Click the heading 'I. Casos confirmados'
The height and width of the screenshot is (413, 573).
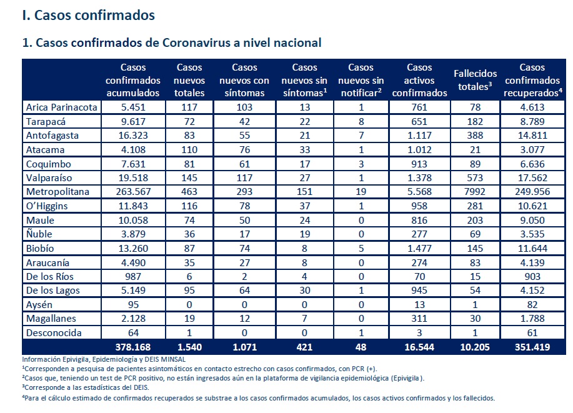(89, 16)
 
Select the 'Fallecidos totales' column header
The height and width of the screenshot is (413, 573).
(475, 80)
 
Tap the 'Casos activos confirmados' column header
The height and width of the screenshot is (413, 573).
(419, 80)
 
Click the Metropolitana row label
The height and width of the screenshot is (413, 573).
(57, 192)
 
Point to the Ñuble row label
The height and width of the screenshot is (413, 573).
(39, 234)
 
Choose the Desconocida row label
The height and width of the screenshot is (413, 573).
(54, 333)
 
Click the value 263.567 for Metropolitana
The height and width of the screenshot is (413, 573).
(133, 192)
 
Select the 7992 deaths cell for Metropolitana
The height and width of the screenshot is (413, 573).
(475, 192)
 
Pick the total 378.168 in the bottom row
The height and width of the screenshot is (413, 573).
(133, 347)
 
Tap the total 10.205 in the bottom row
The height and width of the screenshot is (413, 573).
(475, 347)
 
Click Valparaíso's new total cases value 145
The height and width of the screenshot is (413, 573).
(189, 178)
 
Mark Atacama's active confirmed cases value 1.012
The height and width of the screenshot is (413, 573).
(419, 150)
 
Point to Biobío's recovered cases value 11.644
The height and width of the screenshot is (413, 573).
(532, 249)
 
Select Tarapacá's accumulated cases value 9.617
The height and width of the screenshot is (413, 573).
(133, 122)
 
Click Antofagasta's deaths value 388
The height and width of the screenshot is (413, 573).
(475, 136)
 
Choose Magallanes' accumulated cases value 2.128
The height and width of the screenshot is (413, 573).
(133, 319)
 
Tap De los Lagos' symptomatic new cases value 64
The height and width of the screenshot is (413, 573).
(244, 291)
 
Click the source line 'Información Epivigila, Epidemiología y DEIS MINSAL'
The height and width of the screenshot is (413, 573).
(104, 360)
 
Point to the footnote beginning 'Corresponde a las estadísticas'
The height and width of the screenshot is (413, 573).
(86, 387)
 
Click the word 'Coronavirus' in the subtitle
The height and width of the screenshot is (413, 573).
(196, 42)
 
